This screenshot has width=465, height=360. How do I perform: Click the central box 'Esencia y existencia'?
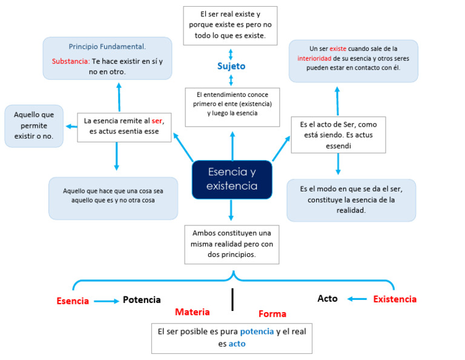[232, 179]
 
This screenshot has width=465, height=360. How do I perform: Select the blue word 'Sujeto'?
[231, 66]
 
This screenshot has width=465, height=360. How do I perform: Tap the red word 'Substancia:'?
[71, 61]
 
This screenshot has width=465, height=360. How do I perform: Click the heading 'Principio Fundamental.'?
[107, 47]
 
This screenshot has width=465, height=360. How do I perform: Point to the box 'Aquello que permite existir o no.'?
[34, 125]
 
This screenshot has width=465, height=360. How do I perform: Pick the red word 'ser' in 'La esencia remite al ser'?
[157, 121]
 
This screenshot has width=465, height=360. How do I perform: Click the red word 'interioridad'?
[314, 58]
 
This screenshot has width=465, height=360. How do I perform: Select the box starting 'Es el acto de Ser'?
[338, 135]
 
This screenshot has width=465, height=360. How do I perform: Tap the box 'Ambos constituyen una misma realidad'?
[232, 244]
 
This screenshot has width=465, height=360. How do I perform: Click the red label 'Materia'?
[193, 312]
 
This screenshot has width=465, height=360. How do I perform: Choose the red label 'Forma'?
[272, 314]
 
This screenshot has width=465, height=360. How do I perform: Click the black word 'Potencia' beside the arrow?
[142, 300]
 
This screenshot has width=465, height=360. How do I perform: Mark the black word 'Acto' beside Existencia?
[328, 299]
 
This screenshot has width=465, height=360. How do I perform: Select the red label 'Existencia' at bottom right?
[395, 299]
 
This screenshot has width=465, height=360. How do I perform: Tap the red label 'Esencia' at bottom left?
[73, 301]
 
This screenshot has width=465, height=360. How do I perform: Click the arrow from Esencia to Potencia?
[107, 301]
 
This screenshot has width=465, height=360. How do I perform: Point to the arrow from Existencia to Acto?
[357, 299]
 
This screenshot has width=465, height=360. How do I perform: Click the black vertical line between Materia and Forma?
[232, 299]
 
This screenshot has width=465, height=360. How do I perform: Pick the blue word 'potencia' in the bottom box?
[257, 332]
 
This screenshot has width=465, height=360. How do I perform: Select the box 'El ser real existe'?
[230, 26]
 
